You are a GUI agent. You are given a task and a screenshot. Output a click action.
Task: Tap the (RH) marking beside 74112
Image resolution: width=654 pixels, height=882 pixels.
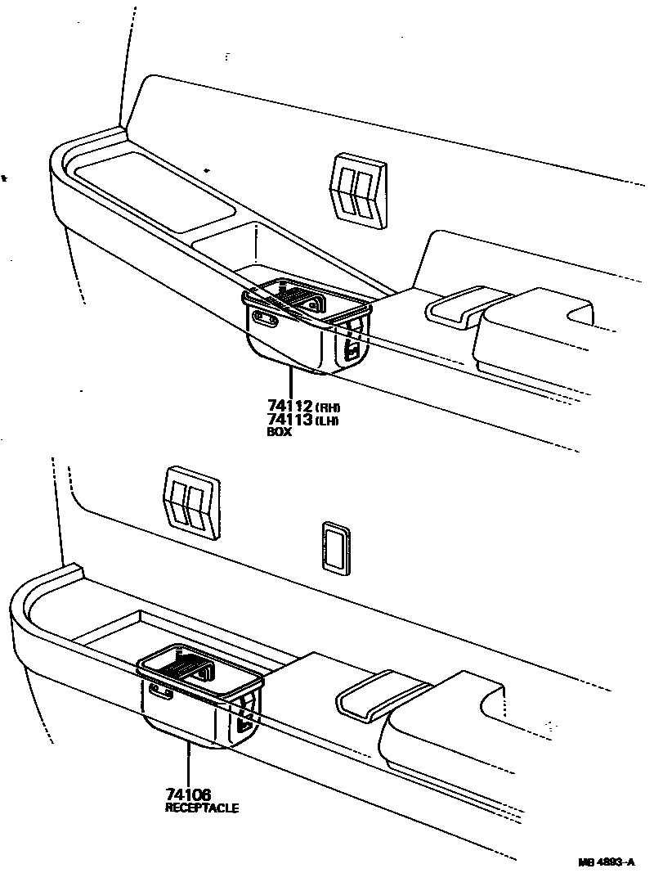[327, 407]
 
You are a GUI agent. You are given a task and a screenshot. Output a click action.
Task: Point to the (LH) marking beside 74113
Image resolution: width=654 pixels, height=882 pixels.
[327, 421]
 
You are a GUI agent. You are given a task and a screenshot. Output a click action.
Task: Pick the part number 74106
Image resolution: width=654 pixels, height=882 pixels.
[188, 794]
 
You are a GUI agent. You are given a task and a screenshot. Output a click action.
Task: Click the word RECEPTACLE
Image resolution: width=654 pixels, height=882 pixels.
[202, 808]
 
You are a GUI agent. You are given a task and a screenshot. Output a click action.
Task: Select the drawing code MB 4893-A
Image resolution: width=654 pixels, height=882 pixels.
[607, 862]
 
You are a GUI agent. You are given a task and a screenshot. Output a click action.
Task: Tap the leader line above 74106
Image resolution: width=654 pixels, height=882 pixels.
[188, 765]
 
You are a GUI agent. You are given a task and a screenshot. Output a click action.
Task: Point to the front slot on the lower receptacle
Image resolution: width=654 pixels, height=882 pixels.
[162, 695]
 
